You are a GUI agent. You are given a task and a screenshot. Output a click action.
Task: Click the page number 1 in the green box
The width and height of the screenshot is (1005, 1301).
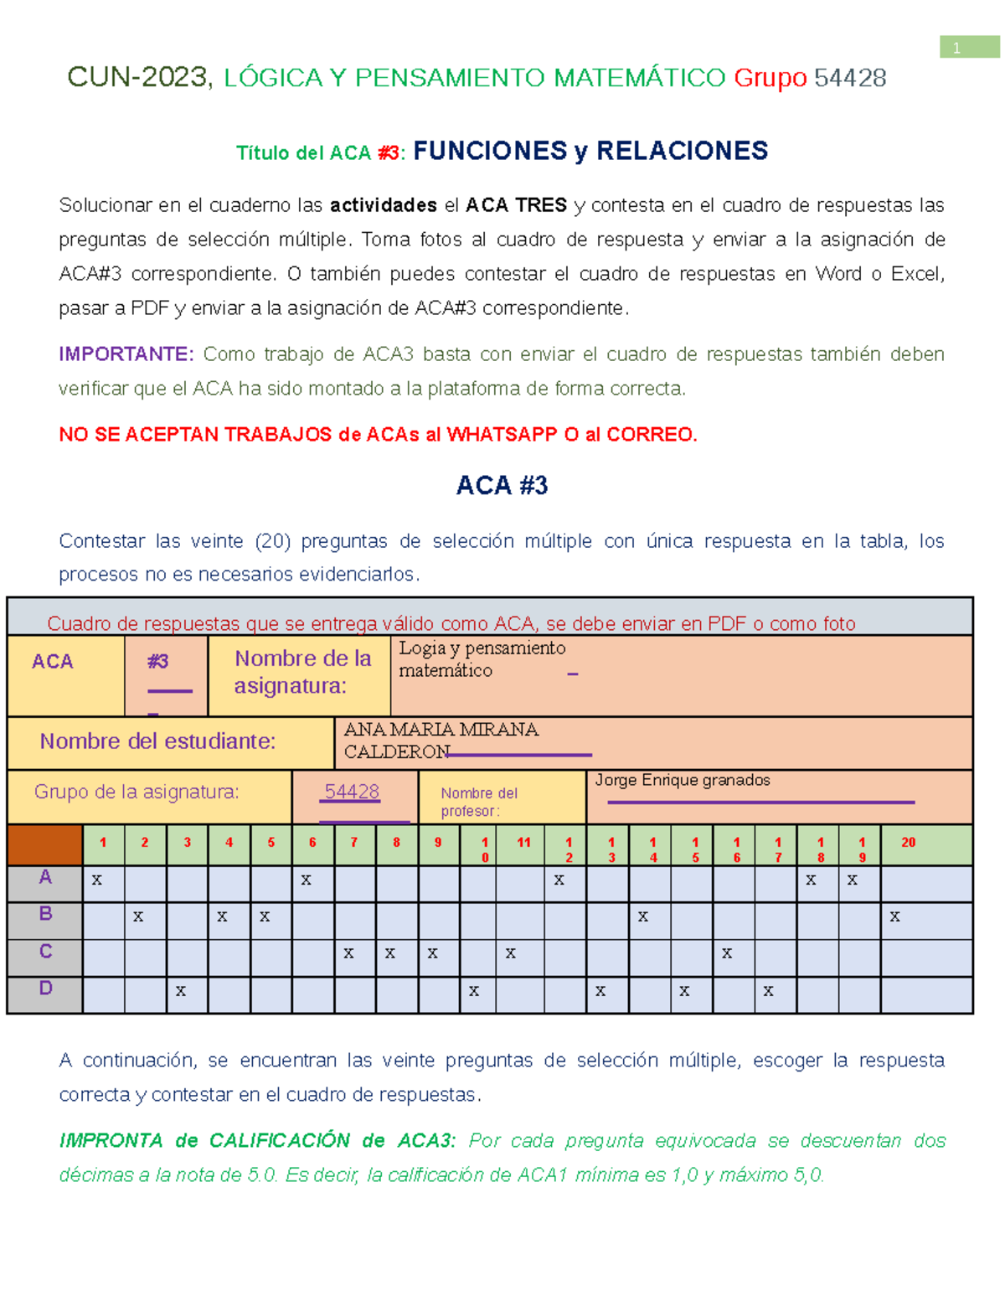[956, 49]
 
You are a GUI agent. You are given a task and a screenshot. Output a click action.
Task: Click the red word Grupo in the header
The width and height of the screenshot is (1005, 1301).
[770, 78]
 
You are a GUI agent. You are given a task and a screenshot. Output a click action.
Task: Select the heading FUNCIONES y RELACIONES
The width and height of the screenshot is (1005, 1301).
[590, 151]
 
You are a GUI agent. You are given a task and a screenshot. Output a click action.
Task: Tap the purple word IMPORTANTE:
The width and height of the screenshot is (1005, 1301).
[126, 354]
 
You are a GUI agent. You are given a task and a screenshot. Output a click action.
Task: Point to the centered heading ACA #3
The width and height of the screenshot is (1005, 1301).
[502, 486]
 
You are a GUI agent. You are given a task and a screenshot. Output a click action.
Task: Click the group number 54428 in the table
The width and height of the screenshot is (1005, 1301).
[352, 792]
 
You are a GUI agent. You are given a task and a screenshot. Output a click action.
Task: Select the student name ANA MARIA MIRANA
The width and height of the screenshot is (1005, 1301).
[441, 730]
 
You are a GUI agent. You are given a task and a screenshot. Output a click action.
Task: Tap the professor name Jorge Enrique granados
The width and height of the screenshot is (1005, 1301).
[682, 781]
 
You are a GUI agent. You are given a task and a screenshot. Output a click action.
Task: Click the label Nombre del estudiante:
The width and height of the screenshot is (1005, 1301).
[157, 741]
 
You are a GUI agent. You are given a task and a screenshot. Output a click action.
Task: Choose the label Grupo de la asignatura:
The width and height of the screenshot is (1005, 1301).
[137, 792]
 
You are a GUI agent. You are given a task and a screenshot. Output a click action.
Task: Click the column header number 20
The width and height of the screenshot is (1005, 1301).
[908, 843]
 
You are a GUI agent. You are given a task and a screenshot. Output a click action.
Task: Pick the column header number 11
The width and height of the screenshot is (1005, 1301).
[523, 843]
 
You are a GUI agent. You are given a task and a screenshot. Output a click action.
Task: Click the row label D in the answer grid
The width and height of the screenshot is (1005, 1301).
[45, 989]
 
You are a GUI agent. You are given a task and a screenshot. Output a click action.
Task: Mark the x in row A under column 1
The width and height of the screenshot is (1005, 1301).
[97, 880]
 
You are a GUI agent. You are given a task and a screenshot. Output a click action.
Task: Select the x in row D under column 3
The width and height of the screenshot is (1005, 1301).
[181, 991]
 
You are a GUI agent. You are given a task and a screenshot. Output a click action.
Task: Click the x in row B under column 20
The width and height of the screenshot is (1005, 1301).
[894, 916]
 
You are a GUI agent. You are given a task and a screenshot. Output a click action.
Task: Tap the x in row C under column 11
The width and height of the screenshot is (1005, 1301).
[510, 953]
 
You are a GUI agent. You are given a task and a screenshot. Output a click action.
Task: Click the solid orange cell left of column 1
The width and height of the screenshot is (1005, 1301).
[45, 844]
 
